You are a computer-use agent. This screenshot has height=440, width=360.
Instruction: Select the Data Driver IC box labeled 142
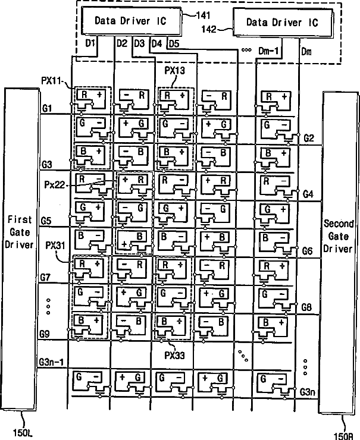282,23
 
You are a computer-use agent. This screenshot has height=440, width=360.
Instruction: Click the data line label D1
91,44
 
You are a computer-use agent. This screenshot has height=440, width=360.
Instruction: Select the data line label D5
174,43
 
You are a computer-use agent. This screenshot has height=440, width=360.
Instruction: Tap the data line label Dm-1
268,52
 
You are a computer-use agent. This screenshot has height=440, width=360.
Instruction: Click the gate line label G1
47,108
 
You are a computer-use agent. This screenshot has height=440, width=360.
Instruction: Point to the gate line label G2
308,138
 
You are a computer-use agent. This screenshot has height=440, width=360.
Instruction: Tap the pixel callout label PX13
174,70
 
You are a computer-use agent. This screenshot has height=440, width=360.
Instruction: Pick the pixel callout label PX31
55,244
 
